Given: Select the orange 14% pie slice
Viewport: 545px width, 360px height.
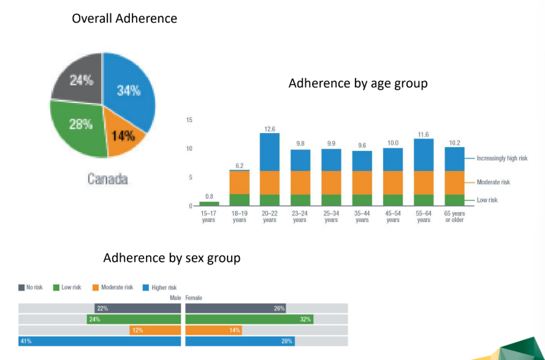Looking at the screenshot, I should (x=123, y=136).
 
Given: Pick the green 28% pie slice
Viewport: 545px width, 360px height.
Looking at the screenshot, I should (x=78, y=126).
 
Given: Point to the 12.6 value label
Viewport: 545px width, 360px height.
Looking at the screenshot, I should (x=269, y=129).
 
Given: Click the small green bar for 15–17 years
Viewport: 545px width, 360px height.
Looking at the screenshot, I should (x=208, y=203).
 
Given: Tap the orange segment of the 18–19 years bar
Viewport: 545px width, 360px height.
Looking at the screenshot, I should (x=239, y=182).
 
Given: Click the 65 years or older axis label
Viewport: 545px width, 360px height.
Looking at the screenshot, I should (x=454, y=216).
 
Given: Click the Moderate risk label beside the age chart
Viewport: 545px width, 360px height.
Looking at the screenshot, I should (x=494, y=182).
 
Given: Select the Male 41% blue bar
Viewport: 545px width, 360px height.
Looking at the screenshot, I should (x=100, y=342).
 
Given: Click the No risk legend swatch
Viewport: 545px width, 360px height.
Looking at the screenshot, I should (x=21, y=288).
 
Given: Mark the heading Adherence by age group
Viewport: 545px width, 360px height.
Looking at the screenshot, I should (x=358, y=83).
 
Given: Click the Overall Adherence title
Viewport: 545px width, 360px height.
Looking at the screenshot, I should (x=124, y=18).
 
